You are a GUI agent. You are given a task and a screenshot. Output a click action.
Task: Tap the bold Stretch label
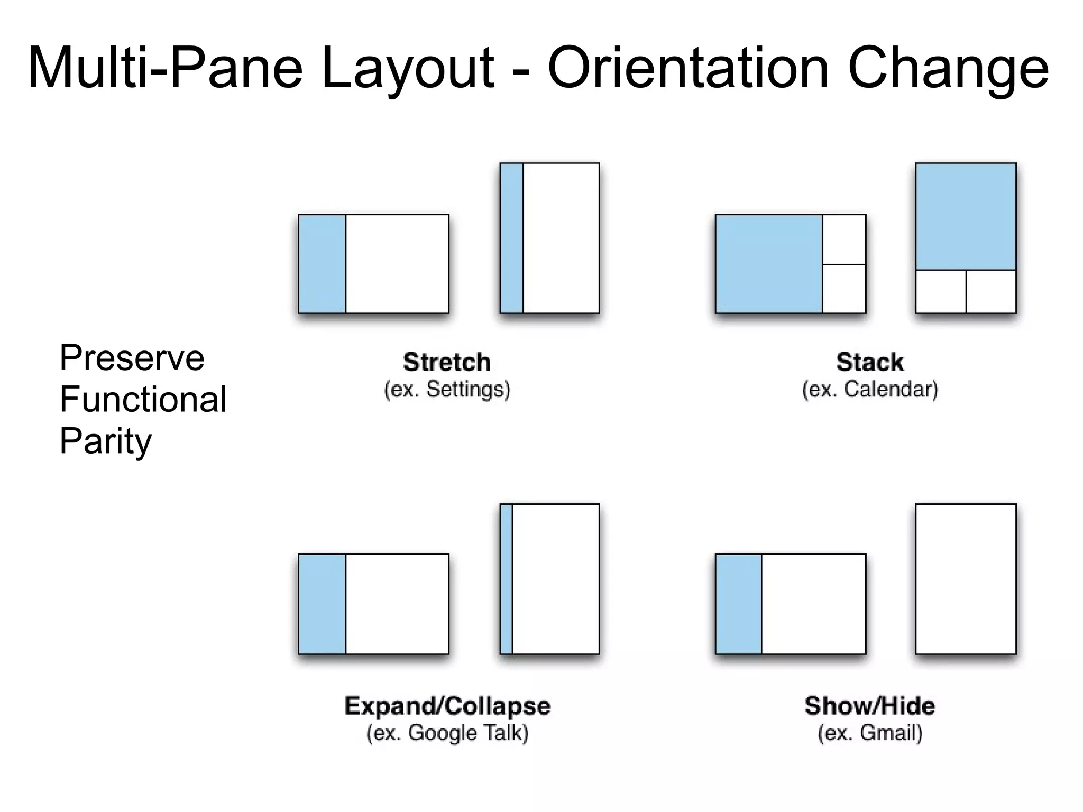tap(447, 362)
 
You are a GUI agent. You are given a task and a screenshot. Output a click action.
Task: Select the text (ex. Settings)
tap(447, 389)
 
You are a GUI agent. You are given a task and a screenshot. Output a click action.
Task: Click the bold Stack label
tap(870, 362)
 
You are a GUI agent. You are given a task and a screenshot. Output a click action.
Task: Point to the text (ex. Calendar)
tap(870, 389)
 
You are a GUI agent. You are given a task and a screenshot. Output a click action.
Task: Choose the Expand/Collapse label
tap(447, 706)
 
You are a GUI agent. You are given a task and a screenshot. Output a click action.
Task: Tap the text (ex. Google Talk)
tap(447, 733)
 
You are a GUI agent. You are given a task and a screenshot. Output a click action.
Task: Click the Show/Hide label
tap(870, 706)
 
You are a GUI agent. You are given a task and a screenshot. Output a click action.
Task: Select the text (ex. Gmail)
tap(870, 733)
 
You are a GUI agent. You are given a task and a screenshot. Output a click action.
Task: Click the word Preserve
tap(132, 358)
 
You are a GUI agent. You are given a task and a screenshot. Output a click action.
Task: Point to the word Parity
tap(105, 441)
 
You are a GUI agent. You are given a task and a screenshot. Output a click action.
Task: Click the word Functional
tap(143, 399)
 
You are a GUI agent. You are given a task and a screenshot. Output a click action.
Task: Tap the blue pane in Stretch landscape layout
tap(322, 264)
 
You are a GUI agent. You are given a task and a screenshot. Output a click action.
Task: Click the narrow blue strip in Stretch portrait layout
tap(511, 238)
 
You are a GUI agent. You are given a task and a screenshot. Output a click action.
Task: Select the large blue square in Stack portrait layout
tap(966, 217)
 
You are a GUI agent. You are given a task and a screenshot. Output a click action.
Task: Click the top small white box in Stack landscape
tap(844, 239)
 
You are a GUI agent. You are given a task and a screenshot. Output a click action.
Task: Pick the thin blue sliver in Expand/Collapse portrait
tap(507, 579)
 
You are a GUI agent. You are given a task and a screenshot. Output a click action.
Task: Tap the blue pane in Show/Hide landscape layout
tap(738, 604)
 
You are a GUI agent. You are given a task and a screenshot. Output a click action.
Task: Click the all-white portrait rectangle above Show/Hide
tap(966, 579)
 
